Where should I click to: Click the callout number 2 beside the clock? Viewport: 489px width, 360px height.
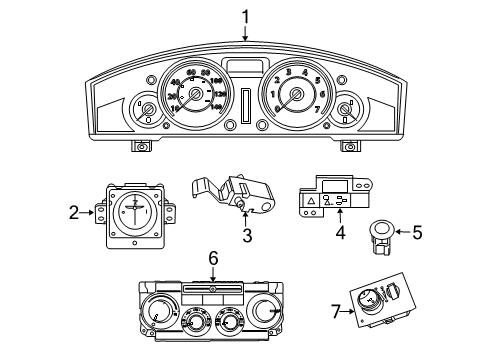pyautogui.click(x=74, y=211)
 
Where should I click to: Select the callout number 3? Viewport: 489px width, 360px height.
pyautogui.click(x=245, y=235)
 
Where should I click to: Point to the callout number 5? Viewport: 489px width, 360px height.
pyautogui.click(x=417, y=233)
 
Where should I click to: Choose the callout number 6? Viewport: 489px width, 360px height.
pyautogui.click(x=212, y=257)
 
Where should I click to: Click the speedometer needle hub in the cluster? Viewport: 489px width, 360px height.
pyautogui.click(x=196, y=98)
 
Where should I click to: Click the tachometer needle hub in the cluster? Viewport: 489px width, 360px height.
pyautogui.click(x=295, y=97)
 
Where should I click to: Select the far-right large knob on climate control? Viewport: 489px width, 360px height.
pyautogui.click(x=269, y=314)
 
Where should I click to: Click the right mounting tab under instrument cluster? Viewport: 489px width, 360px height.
pyautogui.click(x=351, y=147)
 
